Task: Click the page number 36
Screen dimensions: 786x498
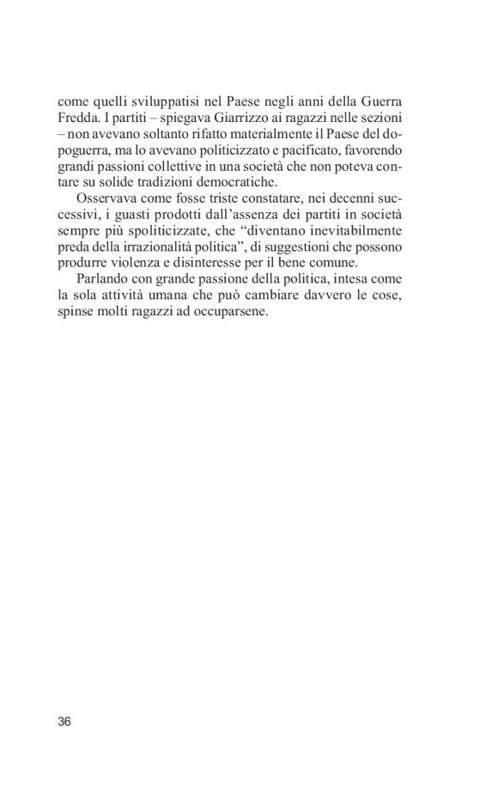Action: point(64,721)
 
